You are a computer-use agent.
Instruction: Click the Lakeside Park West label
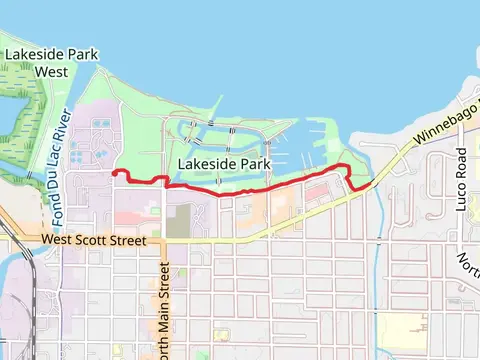point(38,62)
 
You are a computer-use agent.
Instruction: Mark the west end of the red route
point(114,174)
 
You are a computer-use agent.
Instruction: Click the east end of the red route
point(372,183)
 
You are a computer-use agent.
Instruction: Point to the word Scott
point(97,241)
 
